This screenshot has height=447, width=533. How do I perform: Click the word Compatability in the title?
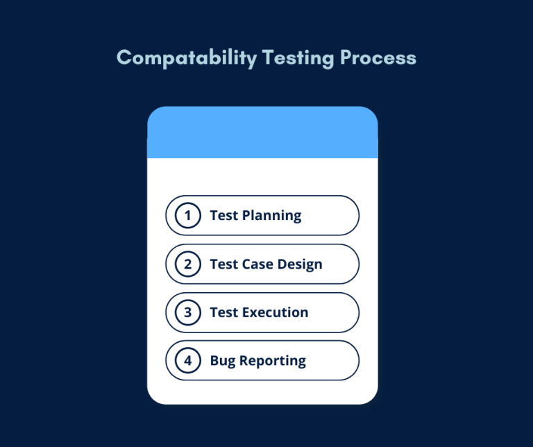[186, 58]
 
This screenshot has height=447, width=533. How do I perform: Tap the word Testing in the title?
[298, 58]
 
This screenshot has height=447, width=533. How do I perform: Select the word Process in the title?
[378, 58]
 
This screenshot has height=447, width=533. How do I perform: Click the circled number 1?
[187, 215]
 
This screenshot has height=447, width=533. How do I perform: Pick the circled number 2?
[187, 264]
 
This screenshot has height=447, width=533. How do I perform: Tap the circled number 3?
[187, 312]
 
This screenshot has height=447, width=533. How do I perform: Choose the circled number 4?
[187, 361]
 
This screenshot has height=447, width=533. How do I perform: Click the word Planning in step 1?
[271, 216]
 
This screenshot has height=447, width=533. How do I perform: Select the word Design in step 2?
[300, 264]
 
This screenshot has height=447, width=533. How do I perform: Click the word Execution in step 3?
[275, 312]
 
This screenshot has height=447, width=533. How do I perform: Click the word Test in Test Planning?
[223, 215]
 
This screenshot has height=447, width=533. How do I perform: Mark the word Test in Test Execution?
[223, 312]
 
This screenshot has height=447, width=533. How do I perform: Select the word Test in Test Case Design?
[223, 264]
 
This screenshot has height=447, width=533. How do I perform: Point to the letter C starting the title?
[124, 58]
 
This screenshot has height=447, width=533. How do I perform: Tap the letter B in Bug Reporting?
[214, 361]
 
